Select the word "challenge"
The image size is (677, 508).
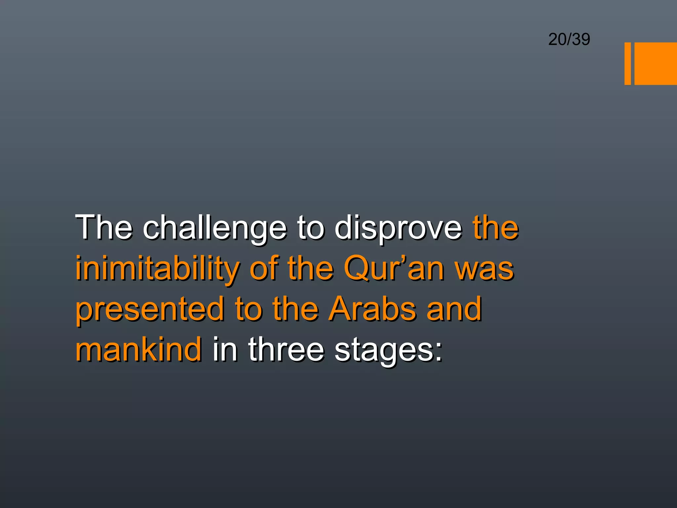click(x=215, y=228)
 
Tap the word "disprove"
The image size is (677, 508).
click(x=398, y=228)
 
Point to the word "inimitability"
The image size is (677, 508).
click(x=157, y=269)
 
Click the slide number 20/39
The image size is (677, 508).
click(x=569, y=39)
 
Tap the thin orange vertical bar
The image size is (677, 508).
click(x=627, y=63)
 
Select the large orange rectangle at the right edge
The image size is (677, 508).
click(x=656, y=63)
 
